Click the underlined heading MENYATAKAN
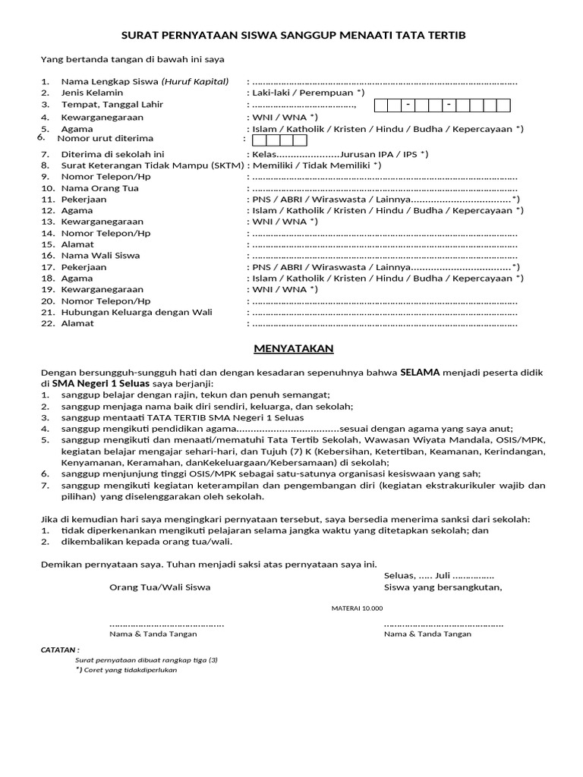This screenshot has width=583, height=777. tap(293, 348)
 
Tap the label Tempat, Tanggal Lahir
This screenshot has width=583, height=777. tap(112, 105)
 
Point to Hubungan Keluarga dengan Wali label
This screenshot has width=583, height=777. tap(137, 312)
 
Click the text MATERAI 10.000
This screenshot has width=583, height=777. tap(357, 609)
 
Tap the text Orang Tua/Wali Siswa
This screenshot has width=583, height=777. tap(160, 587)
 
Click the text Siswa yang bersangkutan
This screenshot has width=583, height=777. tap(443, 587)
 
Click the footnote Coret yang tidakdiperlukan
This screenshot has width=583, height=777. tap(125, 670)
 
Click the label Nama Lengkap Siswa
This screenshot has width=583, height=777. tap(109, 81)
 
